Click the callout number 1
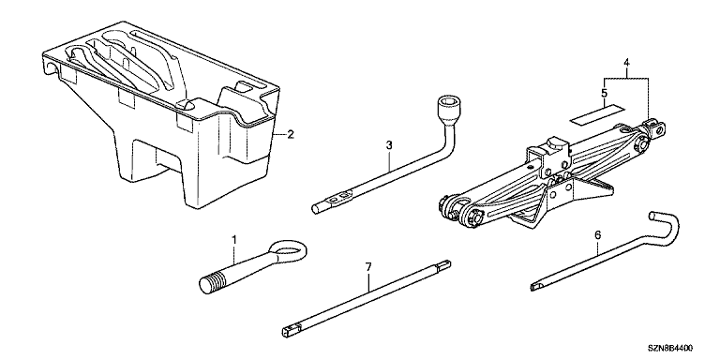[233, 240]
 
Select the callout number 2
[290, 135]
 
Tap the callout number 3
[389, 145]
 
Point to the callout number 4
[626, 64]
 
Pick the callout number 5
[604, 93]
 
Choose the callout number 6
[597, 235]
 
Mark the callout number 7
[368, 267]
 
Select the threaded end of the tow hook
[213, 282]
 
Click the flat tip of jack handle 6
[538, 286]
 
